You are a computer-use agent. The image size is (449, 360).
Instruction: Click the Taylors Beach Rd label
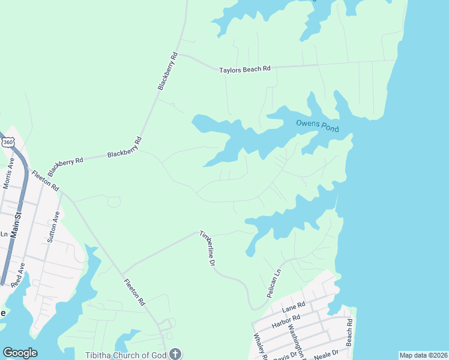click(x=245, y=70)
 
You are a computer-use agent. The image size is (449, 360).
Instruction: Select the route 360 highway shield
click(x=8, y=142)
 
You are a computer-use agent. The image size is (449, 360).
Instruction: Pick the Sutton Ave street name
click(x=53, y=226)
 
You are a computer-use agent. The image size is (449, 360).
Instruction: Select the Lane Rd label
click(x=294, y=308)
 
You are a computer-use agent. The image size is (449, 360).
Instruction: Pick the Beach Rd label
click(x=349, y=326)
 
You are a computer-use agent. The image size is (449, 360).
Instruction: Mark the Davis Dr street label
click(x=285, y=355)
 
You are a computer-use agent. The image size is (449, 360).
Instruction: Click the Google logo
click(x=20, y=352)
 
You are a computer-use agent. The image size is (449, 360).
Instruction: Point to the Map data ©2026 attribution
click(x=423, y=355)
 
